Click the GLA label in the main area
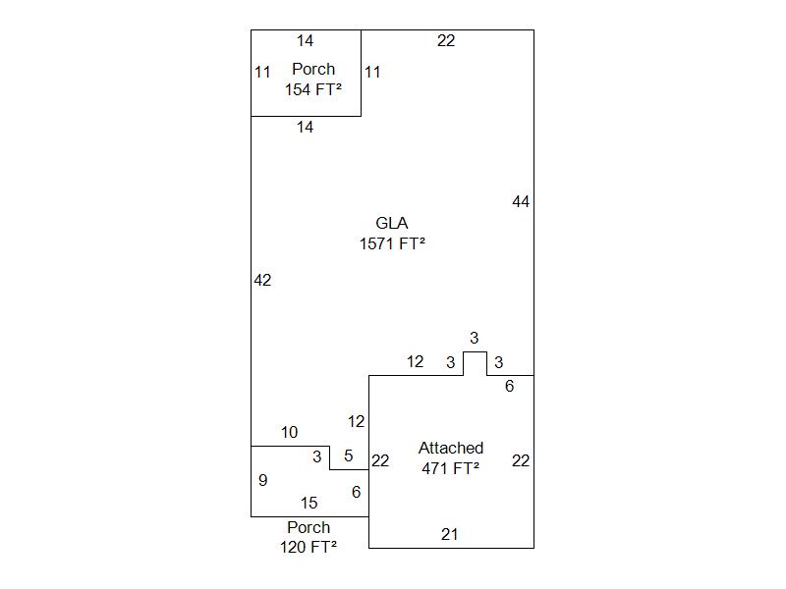tap(392, 223)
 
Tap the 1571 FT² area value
tap(392, 243)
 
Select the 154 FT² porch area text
tap(313, 89)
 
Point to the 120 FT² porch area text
tap(309, 548)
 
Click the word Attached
tap(451, 448)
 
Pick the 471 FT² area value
tap(451, 468)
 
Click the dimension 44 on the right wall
tap(521, 201)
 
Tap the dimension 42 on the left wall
tap(262, 280)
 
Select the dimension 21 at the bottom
tap(450, 534)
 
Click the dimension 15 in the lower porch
tap(309, 503)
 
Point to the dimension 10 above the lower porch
tap(289, 432)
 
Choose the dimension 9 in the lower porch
tap(262, 480)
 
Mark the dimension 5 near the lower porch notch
tap(349, 455)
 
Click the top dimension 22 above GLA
tap(446, 40)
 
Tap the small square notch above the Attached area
tap(475, 363)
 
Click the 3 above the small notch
tap(474, 339)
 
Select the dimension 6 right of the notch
tap(510, 387)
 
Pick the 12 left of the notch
tap(416, 362)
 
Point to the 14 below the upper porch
tap(306, 127)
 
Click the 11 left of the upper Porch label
tap(262, 72)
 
